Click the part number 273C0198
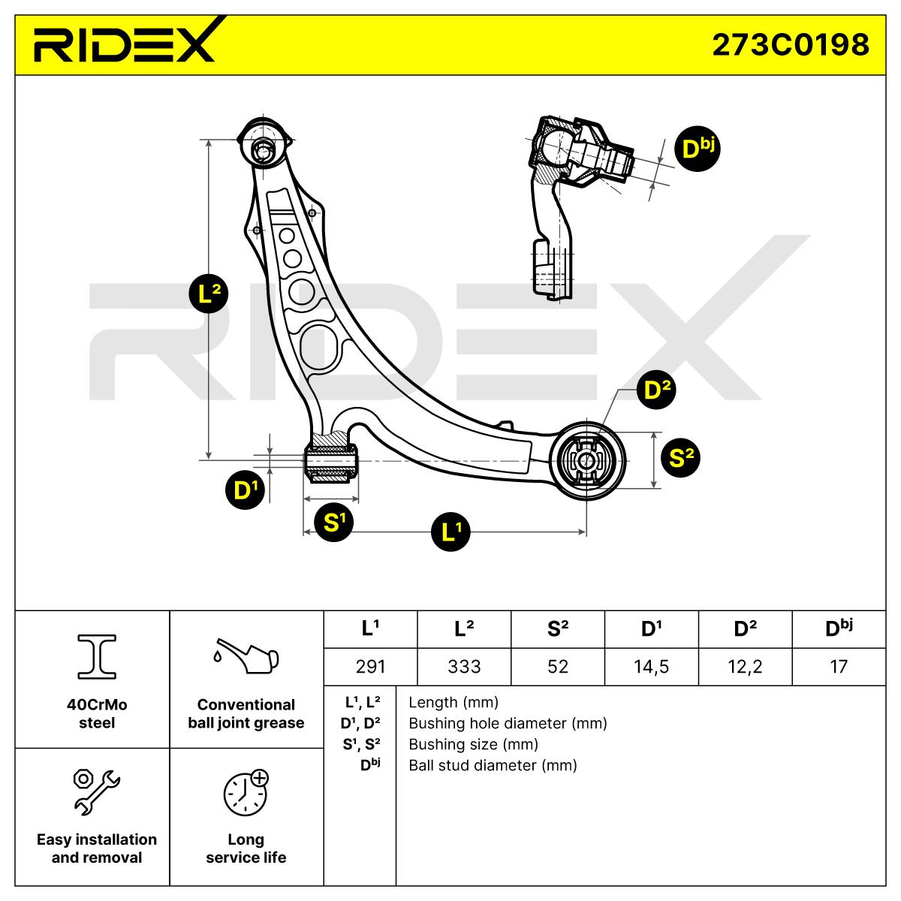tap(790, 44)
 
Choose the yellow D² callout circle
tap(656, 390)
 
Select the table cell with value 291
tap(369, 666)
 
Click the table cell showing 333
tap(463, 666)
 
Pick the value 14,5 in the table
tap(651, 666)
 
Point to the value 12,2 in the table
tap(745, 666)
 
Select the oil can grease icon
tap(246, 656)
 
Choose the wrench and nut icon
tap(96, 789)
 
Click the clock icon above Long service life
tap(245, 791)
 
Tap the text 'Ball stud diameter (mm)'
tap(493, 765)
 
